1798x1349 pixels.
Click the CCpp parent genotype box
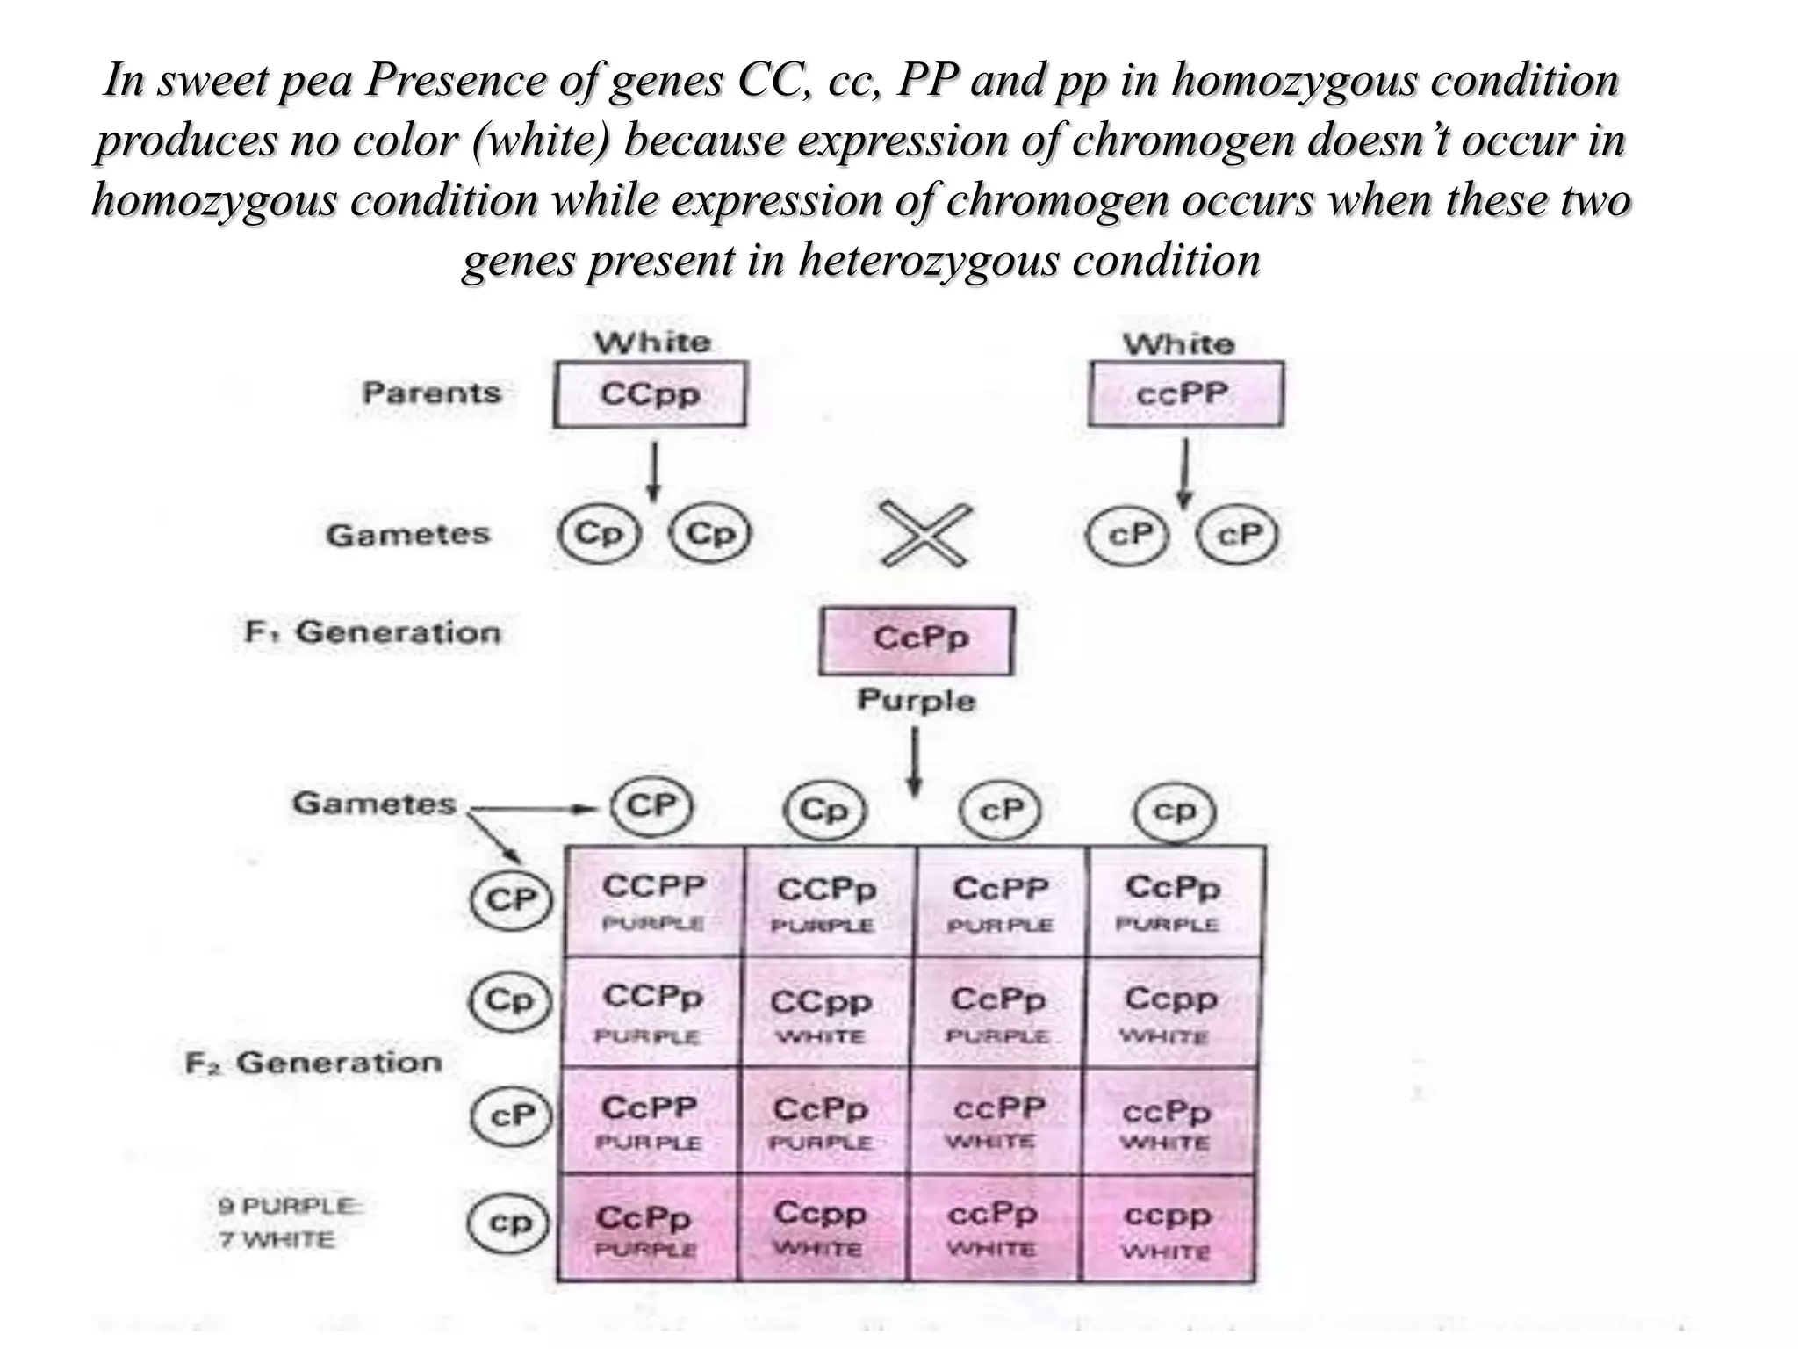point(650,394)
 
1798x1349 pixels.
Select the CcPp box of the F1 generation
point(917,640)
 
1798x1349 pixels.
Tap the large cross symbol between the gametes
point(925,534)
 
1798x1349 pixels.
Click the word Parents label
point(431,393)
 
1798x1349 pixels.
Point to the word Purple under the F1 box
point(916,700)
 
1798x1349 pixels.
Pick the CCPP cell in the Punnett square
point(654,901)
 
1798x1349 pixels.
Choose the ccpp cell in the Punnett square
point(1168,1228)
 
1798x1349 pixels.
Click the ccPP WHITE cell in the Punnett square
point(999,1120)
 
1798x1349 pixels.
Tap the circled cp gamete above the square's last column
point(1174,812)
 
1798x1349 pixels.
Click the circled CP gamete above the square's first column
point(651,806)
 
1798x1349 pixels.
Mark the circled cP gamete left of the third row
point(512,1116)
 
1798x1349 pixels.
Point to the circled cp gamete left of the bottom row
point(510,1223)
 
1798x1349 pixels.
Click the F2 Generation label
point(313,1063)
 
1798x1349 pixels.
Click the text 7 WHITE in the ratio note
point(277,1240)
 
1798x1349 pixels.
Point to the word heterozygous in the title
point(928,260)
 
